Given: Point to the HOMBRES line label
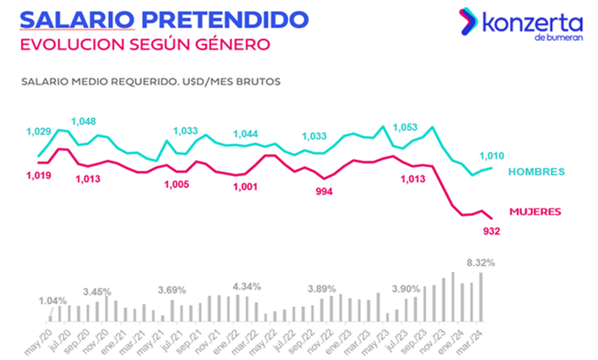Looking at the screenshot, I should click(536, 171).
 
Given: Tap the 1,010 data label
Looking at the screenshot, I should click(492, 156).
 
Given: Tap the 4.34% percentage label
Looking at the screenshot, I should click(247, 287).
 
